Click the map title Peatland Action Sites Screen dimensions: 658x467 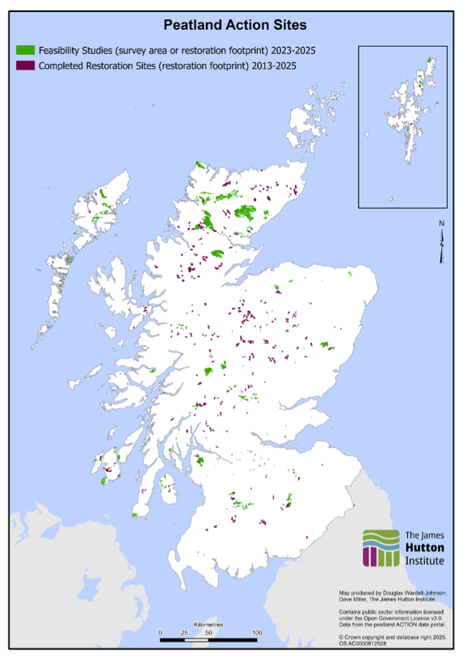pos(234,27)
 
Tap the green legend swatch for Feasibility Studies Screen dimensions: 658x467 pos(25,51)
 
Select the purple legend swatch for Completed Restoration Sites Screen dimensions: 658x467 pos(25,65)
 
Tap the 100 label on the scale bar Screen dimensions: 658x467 pos(257,632)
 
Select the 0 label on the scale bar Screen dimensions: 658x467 pos(160,632)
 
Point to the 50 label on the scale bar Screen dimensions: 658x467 pos(208,632)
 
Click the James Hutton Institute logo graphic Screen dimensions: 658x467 pos(380,547)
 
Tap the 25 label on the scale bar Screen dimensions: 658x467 pos(184,632)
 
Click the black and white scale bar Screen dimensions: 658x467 pos(208,640)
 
